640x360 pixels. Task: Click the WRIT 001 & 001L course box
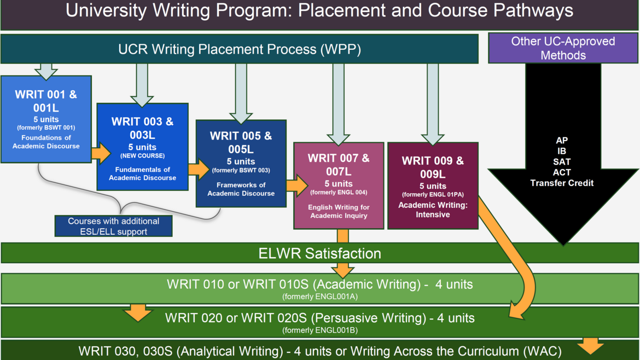coord(46,119)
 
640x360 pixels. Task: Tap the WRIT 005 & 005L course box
coord(241,163)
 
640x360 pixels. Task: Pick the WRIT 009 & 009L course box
coord(432,185)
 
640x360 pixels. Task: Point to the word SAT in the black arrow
coord(562,162)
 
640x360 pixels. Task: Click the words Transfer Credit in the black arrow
coord(562,183)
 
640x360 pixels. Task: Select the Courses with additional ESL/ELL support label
coord(114,226)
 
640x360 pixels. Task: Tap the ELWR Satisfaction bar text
coord(319,253)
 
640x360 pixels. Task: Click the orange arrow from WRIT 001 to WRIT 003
coord(101,153)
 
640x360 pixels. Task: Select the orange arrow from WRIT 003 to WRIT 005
coord(198,169)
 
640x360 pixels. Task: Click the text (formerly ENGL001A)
coord(319,297)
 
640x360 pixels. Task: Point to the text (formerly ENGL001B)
coord(319,330)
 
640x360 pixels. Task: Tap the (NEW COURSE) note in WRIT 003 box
coord(142,156)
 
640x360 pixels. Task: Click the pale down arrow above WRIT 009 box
coord(433,104)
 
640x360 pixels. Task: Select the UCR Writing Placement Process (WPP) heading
coord(240,49)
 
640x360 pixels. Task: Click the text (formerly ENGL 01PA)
coord(432,195)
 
